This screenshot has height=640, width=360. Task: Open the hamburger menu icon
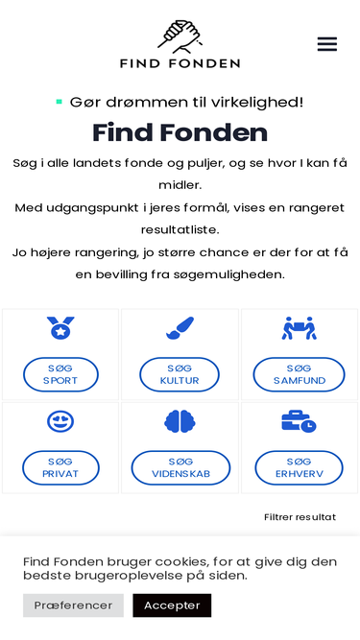(326, 44)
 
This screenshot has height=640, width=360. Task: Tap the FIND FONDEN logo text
(180, 63)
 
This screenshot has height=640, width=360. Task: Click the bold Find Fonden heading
(180, 132)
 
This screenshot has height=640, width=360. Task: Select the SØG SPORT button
(60, 374)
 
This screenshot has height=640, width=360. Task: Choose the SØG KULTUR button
(180, 374)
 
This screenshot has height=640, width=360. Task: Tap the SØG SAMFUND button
(299, 374)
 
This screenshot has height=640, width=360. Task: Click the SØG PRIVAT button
(60, 467)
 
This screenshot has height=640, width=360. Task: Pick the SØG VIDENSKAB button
(180, 467)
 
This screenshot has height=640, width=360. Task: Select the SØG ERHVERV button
(299, 467)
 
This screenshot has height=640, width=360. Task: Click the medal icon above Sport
(60, 328)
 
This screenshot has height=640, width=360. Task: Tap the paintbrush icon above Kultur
(180, 328)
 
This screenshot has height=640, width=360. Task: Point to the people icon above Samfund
(299, 328)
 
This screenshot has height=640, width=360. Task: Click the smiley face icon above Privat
(60, 421)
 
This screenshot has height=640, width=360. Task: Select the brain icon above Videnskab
(180, 421)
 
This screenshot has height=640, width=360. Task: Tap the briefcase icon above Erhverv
(299, 421)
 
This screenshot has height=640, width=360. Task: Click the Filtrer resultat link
(300, 517)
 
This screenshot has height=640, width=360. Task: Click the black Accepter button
(172, 605)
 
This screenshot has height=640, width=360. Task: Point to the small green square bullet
(60, 101)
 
